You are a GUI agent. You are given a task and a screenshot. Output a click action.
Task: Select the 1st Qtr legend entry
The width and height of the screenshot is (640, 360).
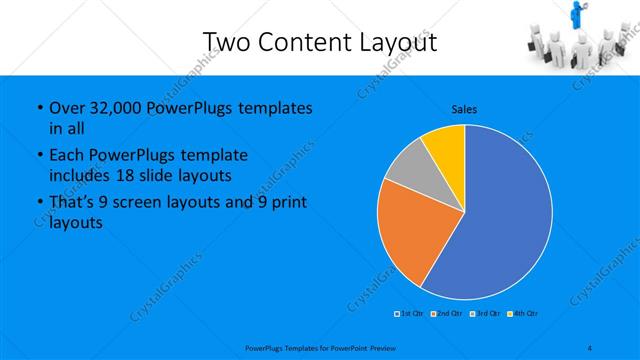(407, 314)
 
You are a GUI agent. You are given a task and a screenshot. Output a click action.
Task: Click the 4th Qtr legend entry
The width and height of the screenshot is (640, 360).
(523, 314)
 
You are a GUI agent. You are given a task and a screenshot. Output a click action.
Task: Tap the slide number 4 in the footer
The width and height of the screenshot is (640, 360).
(591, 348)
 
